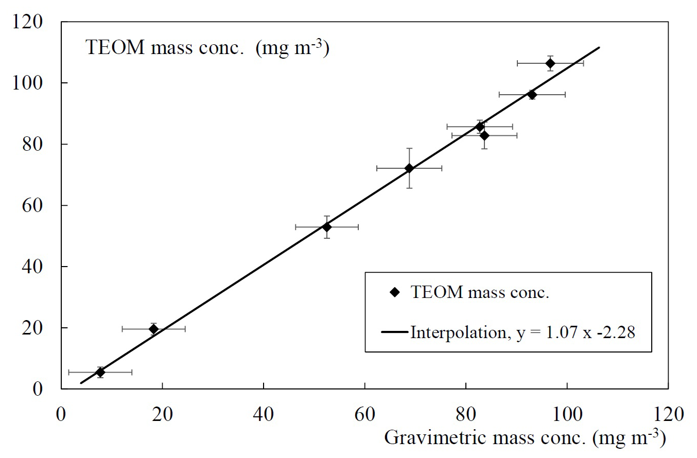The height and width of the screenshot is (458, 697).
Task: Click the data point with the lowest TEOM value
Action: (100, 372)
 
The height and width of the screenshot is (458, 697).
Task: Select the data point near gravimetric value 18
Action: (153, 329)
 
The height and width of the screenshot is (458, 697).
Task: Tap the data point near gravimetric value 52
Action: (327, 227)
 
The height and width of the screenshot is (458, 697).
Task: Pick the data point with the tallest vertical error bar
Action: (409, 168)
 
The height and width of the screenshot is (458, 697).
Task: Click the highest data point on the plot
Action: (550, 63)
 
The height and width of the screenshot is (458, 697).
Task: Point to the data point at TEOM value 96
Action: (532, 95)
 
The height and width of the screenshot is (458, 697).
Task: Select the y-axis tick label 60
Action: (45, 205)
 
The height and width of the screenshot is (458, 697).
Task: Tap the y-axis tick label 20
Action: (45, 328)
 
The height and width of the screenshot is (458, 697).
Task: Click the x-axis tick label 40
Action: (264, 414)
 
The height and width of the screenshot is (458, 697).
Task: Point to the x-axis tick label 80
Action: (466, 414)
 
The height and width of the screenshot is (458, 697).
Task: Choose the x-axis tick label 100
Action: (567, 414)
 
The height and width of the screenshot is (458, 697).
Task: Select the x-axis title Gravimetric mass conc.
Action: (525, 438)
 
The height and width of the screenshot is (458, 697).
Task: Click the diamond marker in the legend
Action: (395, 292)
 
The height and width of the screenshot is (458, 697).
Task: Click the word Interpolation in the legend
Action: (455, 332)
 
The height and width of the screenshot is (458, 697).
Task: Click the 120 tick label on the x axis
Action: (668, 414)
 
